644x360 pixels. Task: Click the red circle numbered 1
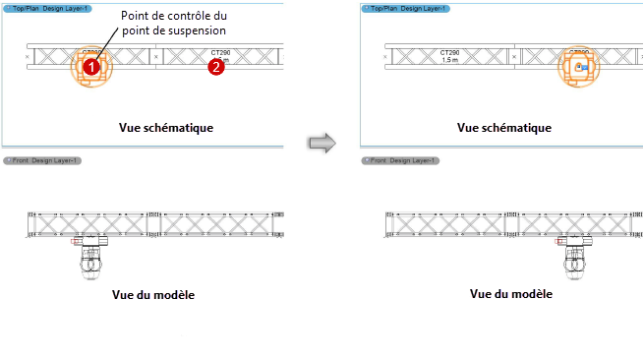(90, 67)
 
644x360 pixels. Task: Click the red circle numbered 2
(216, 67)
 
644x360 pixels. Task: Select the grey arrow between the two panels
(322, 143)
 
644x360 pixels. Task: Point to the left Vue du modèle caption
(153, 292)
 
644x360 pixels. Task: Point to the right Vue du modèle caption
(510, 293)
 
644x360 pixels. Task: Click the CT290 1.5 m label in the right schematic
(450, 55)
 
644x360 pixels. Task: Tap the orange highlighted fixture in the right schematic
(578, 67)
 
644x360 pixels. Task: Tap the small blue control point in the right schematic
(580, 67)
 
